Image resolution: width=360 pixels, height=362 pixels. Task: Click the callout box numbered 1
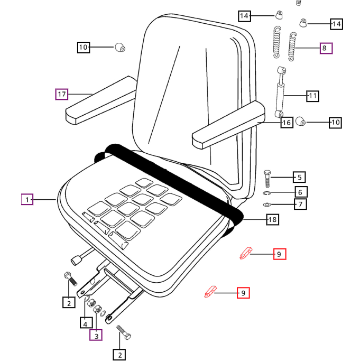pyautogui.click(x=27, y=200)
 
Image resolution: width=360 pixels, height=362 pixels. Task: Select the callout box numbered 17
pyautogui.click(x=62, y=95)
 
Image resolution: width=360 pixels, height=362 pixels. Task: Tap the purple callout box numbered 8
pyautogui.click(x=326, y=49)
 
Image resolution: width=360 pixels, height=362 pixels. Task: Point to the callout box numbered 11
pyautogui.click(x=313, y=96)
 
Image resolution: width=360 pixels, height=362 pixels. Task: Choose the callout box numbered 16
pyautogui.click(x=287, y=123)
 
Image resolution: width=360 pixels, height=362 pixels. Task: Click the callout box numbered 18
pyautogui.click(x=272, y=219)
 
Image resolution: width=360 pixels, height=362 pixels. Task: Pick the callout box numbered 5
pyautogui.click(x=299, y=178)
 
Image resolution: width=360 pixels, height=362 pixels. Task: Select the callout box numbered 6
pyautogui.click(x=300, y=192)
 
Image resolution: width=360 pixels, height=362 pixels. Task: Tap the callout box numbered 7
pyautogui.click(x=300, y=205)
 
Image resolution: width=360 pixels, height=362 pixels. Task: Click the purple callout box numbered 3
pyautogui.click(x=96, y=335)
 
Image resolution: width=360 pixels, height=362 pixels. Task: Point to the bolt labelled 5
pyautogui.click(x=267, y=178)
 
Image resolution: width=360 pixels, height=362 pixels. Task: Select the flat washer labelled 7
pyautogui.click(x=267, y=205)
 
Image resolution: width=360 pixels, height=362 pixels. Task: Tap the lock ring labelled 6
pyautogui.click(x=267, y=193)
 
